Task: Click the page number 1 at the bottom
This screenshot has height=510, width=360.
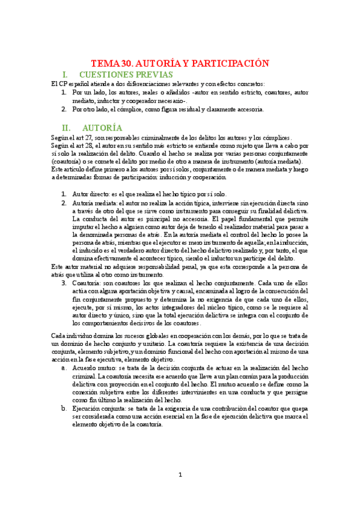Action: click(x=180, y=475)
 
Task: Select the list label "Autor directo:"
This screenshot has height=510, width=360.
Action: click(x=90, y=194)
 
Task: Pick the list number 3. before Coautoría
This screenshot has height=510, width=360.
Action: click(x=64, y=283)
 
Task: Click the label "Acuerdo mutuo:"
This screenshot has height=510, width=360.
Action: click(x=96, y=367)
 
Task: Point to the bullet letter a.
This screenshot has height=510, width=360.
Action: click(x=64, y=367)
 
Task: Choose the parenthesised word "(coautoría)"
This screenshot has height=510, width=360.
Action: click(x=69, y=162)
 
